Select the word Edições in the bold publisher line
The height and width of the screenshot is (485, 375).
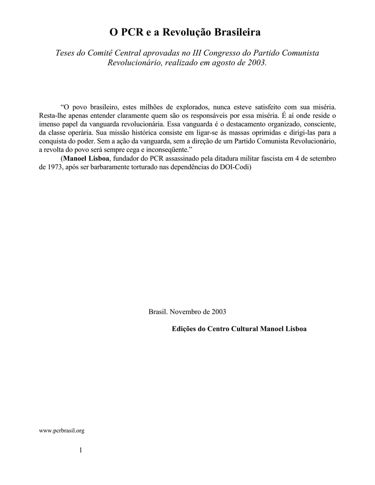pos(183,329)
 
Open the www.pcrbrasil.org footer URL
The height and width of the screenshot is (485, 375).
pos(62,431)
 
